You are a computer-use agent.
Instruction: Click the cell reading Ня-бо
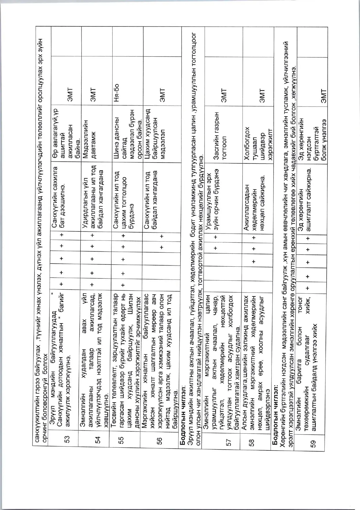tap(116, 91)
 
